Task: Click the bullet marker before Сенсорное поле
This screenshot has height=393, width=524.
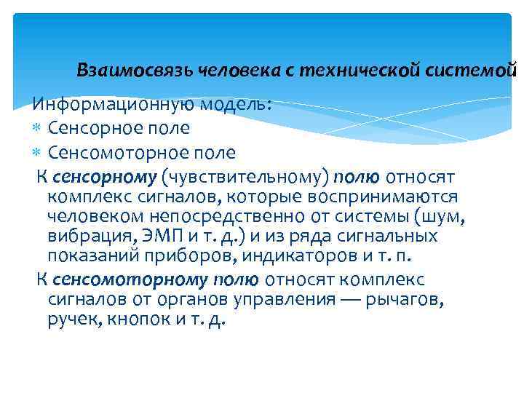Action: point(38,129)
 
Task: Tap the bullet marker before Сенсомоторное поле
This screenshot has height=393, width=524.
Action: point(38,154)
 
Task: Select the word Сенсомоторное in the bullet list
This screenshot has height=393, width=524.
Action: point(116,153)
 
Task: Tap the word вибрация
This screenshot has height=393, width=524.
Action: point(82,236)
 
